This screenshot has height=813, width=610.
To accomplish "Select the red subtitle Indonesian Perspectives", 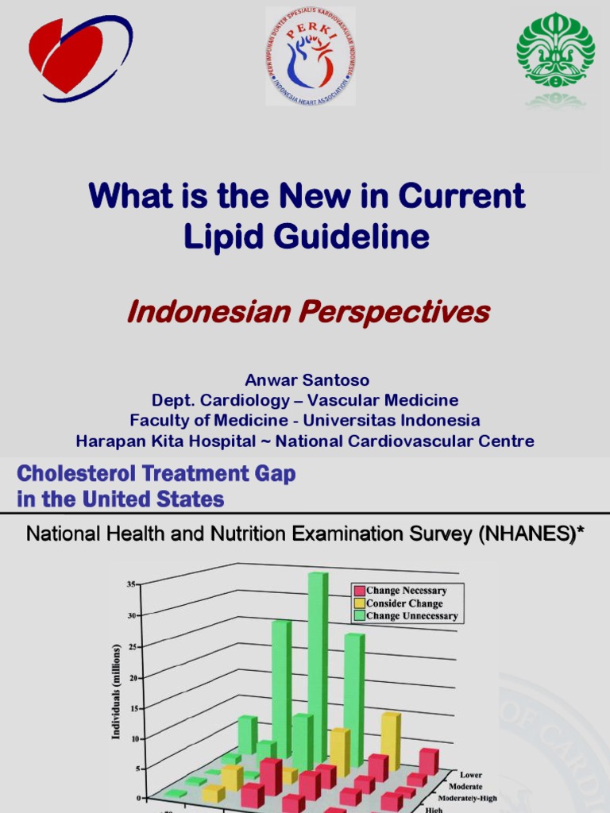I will point(308,312).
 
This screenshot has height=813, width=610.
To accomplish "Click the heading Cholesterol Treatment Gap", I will point(156,474).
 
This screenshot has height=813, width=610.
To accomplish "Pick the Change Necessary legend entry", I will point(405,591).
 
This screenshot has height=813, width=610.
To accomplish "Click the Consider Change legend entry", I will point(403,603).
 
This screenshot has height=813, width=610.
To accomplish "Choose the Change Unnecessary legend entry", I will point(411,616).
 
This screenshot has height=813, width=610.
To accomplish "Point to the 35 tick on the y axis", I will point(130,584).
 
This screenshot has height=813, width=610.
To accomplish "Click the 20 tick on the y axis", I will point(130,677).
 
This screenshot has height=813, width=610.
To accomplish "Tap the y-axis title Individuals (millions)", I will point(116,692).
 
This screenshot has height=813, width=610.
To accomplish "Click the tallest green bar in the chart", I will point(318,667).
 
